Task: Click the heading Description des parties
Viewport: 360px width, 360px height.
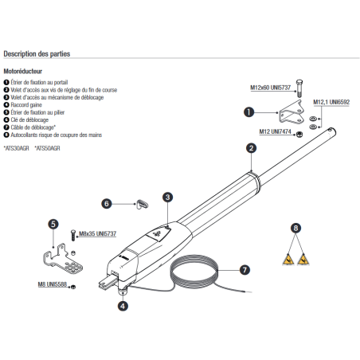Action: click(37, 54)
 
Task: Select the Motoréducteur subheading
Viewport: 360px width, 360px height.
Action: click(23, 71)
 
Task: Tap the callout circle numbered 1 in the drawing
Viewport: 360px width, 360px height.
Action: click(248, 112)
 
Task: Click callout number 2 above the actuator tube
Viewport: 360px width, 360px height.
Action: click(251, 148)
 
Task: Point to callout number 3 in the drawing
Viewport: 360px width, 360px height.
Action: click(167, 198)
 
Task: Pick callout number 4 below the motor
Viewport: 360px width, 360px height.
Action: click(123, 306)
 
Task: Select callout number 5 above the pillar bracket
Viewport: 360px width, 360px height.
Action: click(53, 224)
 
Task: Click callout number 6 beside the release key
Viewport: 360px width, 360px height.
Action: click(107, 204)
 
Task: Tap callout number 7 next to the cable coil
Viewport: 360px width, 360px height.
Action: click(245, 270)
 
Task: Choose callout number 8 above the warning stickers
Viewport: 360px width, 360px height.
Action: click(295, 228)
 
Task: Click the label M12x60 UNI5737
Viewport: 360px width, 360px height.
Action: click(271, 88)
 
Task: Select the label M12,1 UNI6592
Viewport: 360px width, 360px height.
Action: click(331, 102)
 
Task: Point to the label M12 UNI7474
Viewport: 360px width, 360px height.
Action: click(275, 131)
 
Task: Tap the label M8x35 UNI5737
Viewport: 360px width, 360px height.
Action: click(97, 234)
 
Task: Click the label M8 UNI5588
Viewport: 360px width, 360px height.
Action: click(53, 284)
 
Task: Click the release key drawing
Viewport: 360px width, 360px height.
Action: click(143, 204)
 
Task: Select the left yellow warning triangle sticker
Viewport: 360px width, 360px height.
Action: click(288, 260)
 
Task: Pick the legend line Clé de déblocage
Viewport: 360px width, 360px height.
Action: click(26, 119)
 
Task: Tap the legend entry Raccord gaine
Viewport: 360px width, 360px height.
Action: click(23, 105)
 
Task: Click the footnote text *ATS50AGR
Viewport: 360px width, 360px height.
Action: click(47, 148)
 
